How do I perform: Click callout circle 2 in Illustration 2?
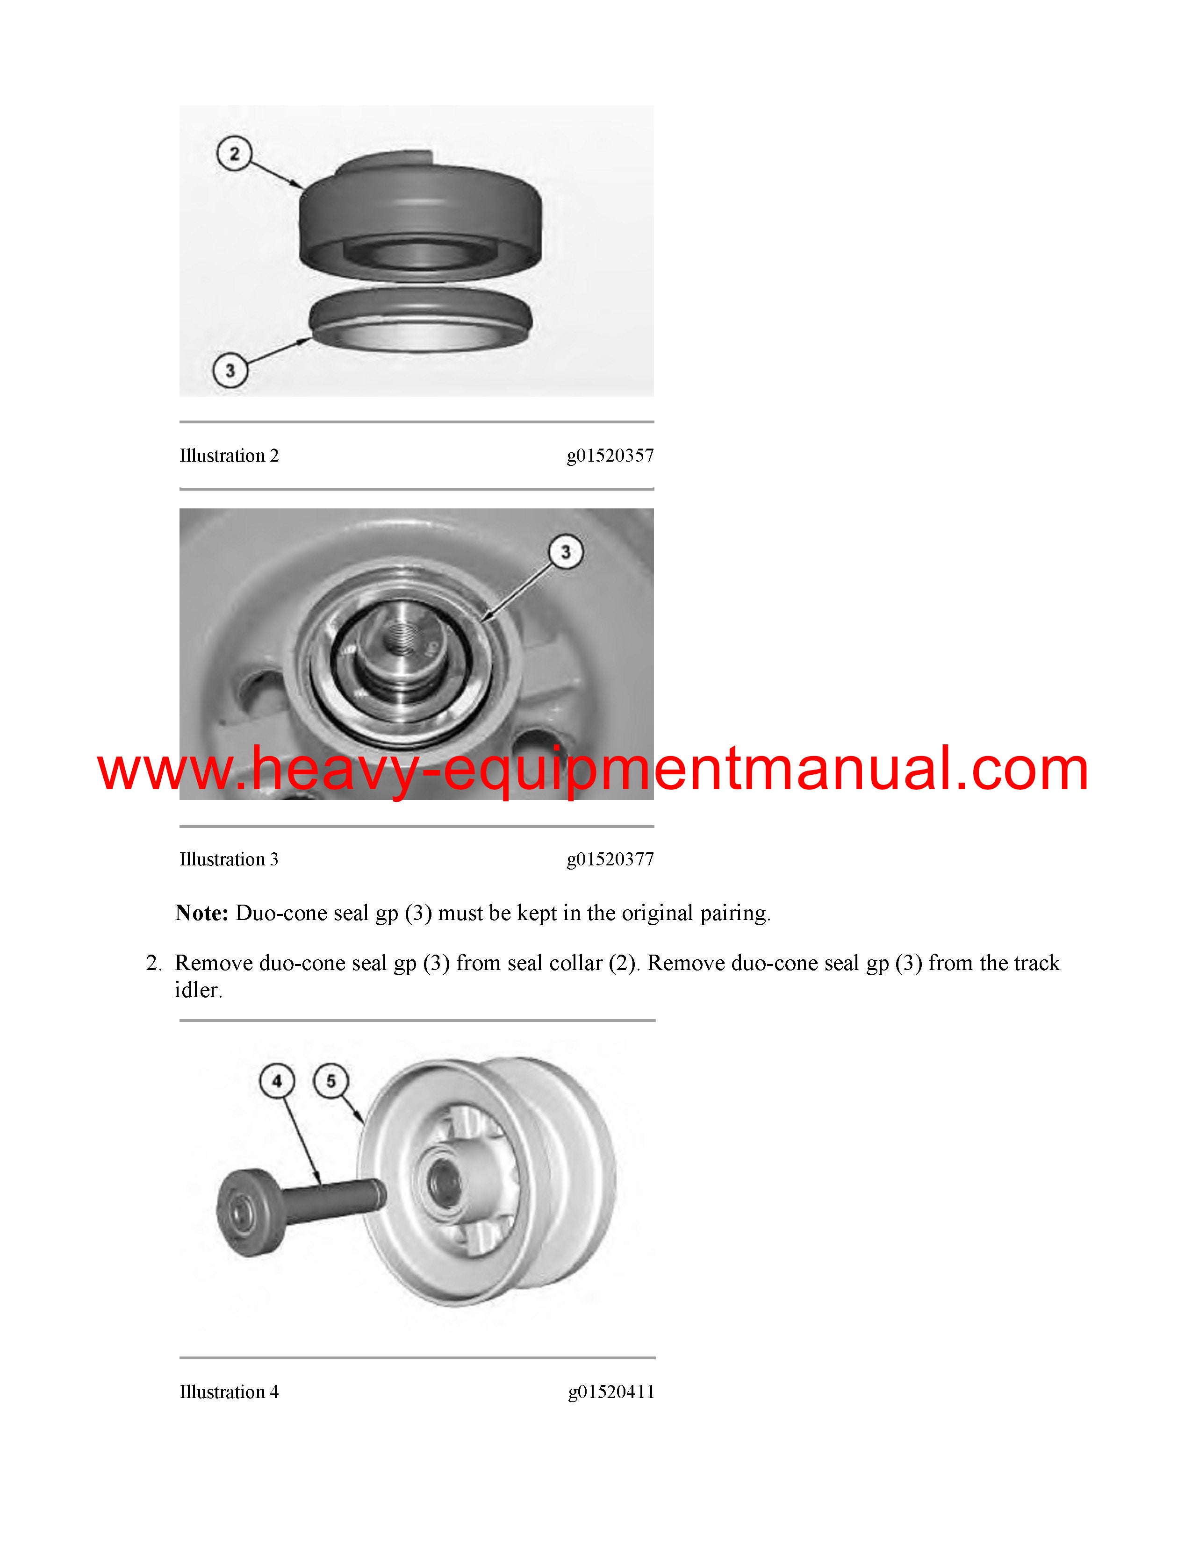[235, 154]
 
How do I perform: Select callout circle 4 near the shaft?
[277, 1081]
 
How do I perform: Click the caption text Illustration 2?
[229, 456]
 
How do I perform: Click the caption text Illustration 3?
[229, 859]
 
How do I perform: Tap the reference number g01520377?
[610, 860]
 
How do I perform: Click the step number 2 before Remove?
[154, 964]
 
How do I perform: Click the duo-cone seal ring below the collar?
[420, 321]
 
